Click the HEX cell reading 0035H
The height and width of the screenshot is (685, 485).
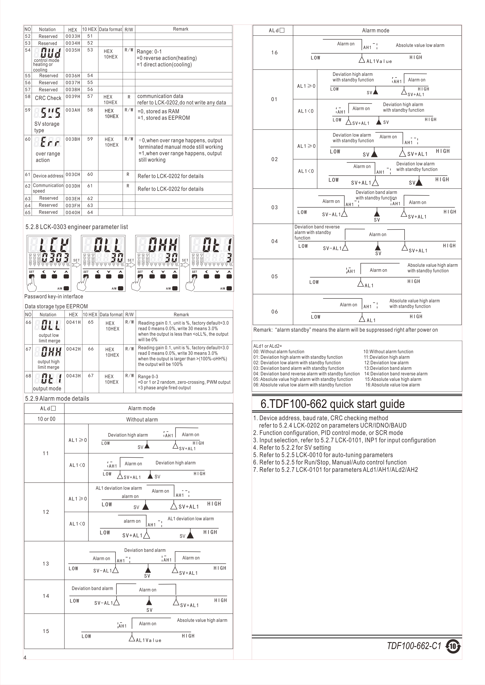pyautogui.click(x=73, y=50)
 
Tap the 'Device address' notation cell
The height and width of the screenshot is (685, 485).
pyautogui.click(x=48, y=176)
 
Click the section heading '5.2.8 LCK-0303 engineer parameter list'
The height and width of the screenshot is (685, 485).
pyautogui.click(x=76, y=227)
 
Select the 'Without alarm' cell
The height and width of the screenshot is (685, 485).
pyautogui.click(x=142, y=419)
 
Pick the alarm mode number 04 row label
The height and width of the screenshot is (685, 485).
pyautogui.click(x=274, y=241)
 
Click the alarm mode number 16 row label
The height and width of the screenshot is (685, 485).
pyautogui.click(x=274, y=53)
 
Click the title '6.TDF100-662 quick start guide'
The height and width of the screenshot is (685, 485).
pyautogui.click(x=332, y=404)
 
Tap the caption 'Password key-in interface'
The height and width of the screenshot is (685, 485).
pyautogui.click(x=54, y=296)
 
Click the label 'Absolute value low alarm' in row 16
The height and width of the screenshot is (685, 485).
pyautogui.click(x=420, y=45)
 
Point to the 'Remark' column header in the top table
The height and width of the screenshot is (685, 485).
pyautogui.click(x=181, y=29)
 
